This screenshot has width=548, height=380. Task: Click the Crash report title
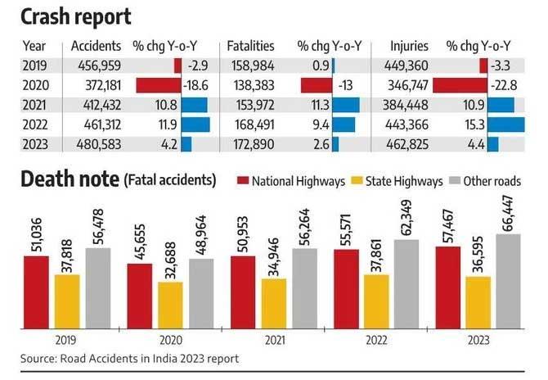[x=78, y=16]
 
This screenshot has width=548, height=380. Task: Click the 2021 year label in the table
[x=35, y=105]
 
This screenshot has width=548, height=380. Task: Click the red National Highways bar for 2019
[x=35, y=291]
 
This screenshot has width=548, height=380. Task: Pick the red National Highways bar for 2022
[x=345, y=287]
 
